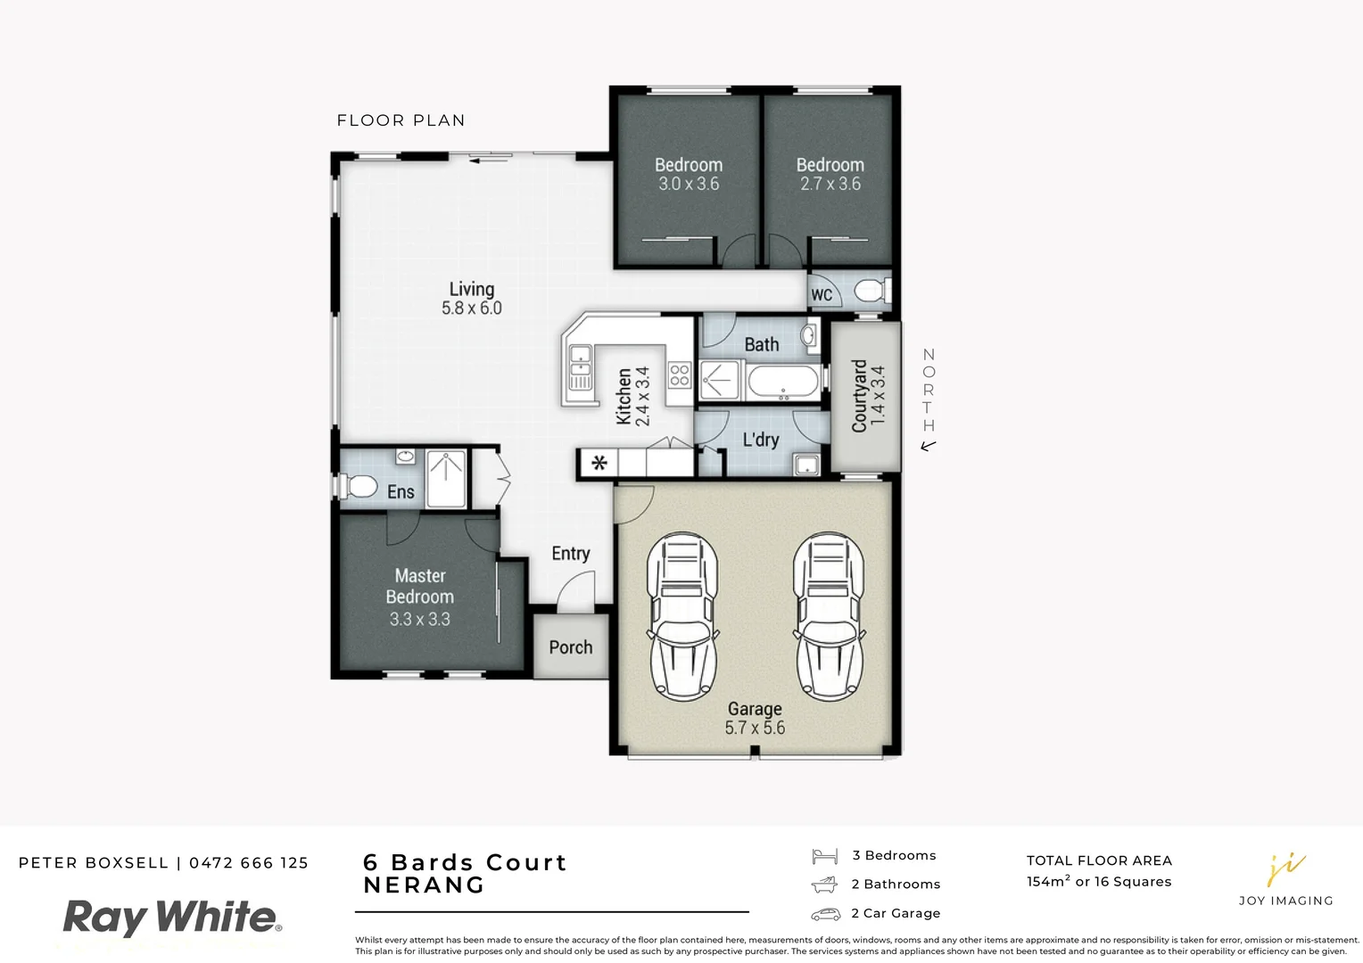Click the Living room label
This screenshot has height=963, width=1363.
471,290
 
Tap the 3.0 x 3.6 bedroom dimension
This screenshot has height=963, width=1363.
688,185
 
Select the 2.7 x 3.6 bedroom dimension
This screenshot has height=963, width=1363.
830,185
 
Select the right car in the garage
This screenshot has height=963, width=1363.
829,615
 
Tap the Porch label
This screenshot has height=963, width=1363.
571,647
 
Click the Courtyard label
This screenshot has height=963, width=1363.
859,397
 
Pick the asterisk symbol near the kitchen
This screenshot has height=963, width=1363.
600,463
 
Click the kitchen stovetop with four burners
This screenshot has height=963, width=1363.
680,375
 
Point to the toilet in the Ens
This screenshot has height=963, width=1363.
359,487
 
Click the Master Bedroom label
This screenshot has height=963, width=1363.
420,587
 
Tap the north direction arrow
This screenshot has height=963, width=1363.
929,446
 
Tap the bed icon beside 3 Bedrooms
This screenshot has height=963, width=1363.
824,856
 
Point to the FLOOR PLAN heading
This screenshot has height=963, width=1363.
401,120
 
